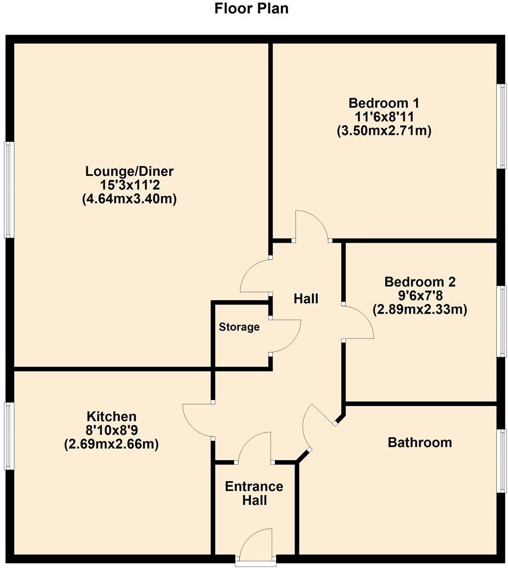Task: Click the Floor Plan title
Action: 251,9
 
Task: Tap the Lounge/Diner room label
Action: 130,172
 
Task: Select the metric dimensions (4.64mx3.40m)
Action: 130,199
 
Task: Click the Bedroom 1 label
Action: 384,102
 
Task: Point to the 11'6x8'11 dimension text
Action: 384,116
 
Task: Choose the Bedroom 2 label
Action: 420,282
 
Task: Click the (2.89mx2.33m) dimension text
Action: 420,309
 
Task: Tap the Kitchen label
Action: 112,416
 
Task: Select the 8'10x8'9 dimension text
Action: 112,430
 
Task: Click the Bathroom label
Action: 419,442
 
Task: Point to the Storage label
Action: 239,327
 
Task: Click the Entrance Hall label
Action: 254,493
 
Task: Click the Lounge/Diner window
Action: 9,189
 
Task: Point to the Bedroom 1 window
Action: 502,126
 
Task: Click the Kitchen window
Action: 9,436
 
